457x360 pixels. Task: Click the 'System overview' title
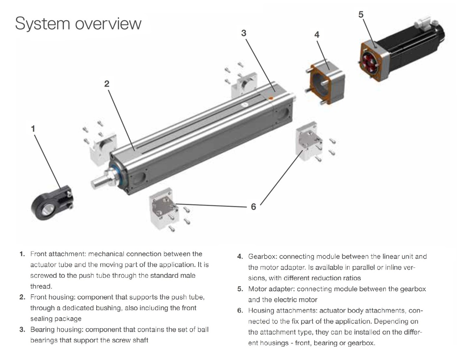tap(78, 23)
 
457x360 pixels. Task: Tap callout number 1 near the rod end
tap(33, 129)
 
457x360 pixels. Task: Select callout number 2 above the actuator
tap(106, 84)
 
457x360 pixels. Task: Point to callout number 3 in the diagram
tap(244, 33)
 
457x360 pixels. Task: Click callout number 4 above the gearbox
tap(317, 35)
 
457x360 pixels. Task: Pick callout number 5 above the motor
tap(361, 14)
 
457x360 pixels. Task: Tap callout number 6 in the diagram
tap(253, 207)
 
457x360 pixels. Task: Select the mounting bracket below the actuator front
tap(164, 209)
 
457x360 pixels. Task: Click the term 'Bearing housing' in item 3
tap(57, 330)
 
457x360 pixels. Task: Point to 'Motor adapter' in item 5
tap(270, 289)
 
